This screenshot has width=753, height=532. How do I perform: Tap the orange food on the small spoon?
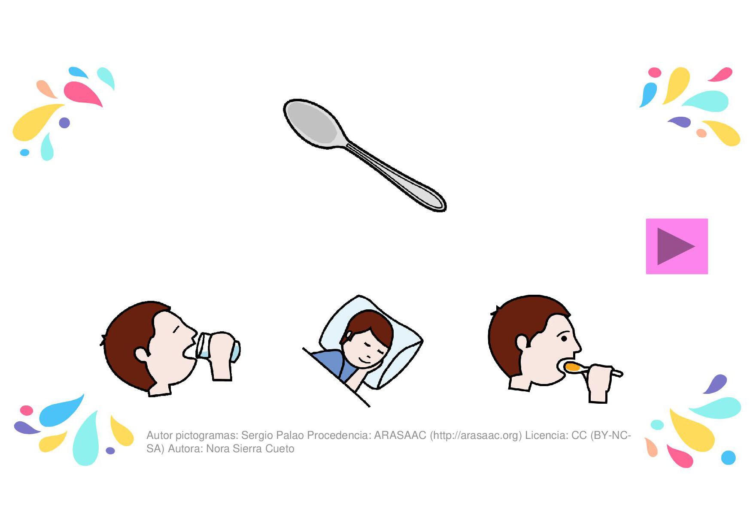(573, 367)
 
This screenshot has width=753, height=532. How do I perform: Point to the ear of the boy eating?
(522, 342)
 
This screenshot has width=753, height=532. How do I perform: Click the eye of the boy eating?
(564, 339)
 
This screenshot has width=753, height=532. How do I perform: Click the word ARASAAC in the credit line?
(400, 435)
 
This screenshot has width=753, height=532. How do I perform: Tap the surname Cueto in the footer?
(279, 449)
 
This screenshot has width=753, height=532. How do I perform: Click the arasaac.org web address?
(476, 435)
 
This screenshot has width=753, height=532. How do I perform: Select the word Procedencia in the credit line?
(339, 435)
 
